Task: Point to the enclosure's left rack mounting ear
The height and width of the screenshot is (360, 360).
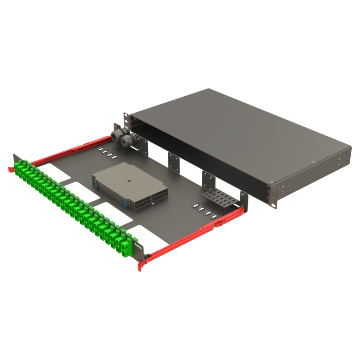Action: coord(125,119)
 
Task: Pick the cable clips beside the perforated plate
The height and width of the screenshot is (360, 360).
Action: coord(203,209)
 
